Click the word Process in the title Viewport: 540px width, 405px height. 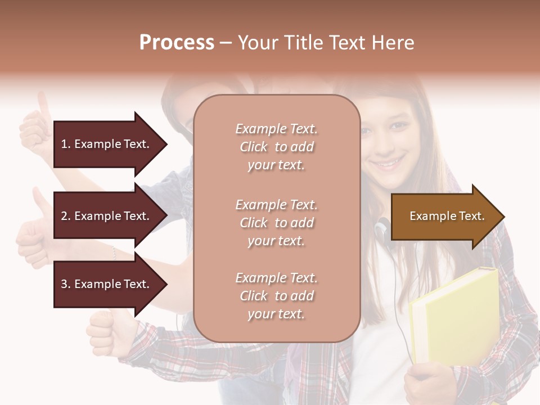tap(177, 43)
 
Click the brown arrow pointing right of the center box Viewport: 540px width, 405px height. tap(444, 217)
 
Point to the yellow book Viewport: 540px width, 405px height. tap(456, 315)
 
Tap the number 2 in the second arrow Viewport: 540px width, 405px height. tap(64, 216)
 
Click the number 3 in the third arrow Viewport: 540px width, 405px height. tap(64, 284)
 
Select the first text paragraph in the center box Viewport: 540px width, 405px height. tap(276, 147)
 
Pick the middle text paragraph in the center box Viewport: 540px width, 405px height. tap(276, 223)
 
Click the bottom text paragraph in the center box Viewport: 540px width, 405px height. tap(276, 296)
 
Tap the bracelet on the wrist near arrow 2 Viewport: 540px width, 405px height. tap(114, 253)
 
